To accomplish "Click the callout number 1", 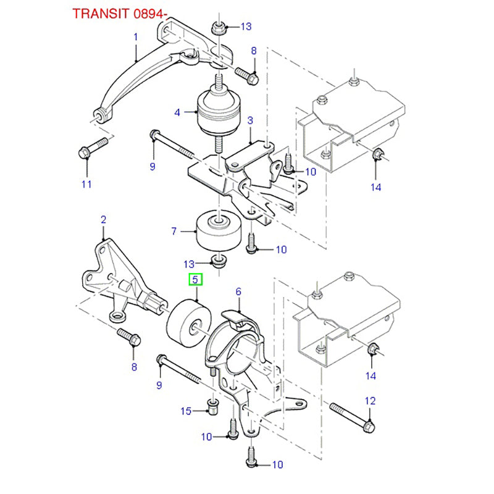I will click(x=136, y=37).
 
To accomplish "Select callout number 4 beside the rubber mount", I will click(x=177, y=113).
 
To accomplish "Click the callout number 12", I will click(x=370, y=401).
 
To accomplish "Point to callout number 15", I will click(x=186, y=411).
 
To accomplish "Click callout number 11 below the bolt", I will click(x=86, y=184).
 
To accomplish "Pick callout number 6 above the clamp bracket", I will click(x=238, y=291).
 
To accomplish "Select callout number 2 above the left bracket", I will click(x=103, y=219).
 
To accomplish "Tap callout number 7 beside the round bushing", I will click(x=175, y=231).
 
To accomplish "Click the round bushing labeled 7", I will click(x=216, y=230).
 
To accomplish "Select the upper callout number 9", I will click(x=152, y=166).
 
